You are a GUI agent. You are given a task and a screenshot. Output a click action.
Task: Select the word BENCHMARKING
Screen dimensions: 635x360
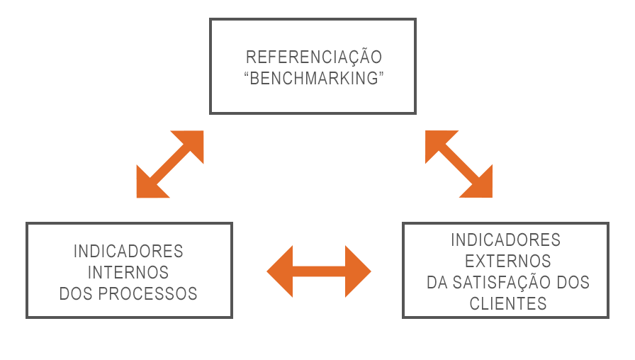pyautogui.click(x=314, y=78)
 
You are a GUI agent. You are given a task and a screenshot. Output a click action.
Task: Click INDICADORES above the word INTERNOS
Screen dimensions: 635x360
pyautogui.click(x=128, y=252)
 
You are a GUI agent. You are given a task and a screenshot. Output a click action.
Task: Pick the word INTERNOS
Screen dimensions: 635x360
pyautogui.click(x=128, y=273)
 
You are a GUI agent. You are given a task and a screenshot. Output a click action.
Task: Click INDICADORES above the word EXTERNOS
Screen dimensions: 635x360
pyautogui.click(x=506, y=240)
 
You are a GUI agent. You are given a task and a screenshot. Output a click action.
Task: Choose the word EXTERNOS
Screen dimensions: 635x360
pyautogui.click(x=508, y=261)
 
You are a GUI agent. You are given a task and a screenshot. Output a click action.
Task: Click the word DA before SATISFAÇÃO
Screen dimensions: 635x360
pyautogui.click(x=437, y=282)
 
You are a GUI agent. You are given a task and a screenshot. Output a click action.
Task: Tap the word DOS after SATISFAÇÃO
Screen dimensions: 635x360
pyautogui.click(x=573, y=282)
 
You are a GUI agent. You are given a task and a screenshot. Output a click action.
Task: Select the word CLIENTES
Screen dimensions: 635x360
pyautogui.click(x=508, y=304)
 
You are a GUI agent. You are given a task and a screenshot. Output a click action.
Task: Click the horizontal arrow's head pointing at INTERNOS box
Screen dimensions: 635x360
pyautogui.click(x=280, y=271)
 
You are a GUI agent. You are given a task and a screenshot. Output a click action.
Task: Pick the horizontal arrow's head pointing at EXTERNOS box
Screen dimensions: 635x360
pyautogui.click(x=358, y=271)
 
